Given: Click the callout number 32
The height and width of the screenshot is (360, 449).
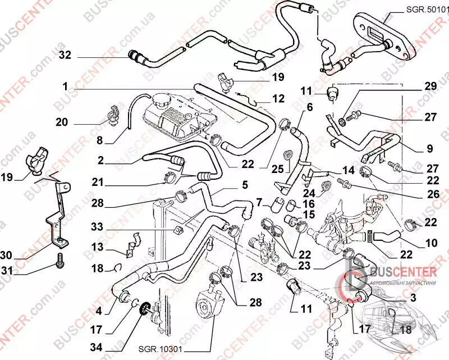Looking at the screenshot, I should (65, 55).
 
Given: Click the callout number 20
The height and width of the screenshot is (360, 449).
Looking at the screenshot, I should (62, 121).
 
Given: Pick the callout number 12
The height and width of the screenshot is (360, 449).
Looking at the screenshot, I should (279, 98).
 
